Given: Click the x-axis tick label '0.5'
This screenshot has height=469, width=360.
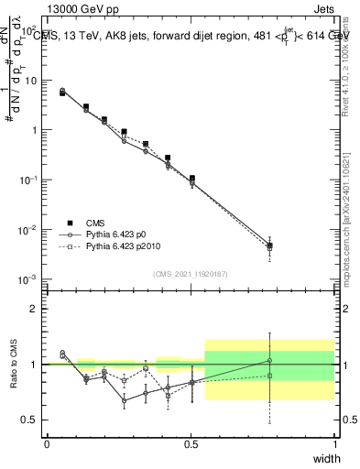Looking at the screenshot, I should [x=191, y=444].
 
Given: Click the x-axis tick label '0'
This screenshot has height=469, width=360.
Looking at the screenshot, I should [x=47, y=444].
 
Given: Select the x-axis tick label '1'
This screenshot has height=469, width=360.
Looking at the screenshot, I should [x=334, y=444].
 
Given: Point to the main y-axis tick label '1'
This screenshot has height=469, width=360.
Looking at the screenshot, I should [x=34, y=129].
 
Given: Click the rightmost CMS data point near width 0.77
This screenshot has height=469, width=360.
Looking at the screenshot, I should [x=269, y=245].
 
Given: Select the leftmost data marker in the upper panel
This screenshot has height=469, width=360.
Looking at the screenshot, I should [x=62, y=92].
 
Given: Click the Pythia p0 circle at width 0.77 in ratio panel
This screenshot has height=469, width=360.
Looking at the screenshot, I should [x=269, y=360].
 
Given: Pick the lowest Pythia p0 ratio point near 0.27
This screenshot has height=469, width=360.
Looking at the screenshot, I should [x=124, y=400].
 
